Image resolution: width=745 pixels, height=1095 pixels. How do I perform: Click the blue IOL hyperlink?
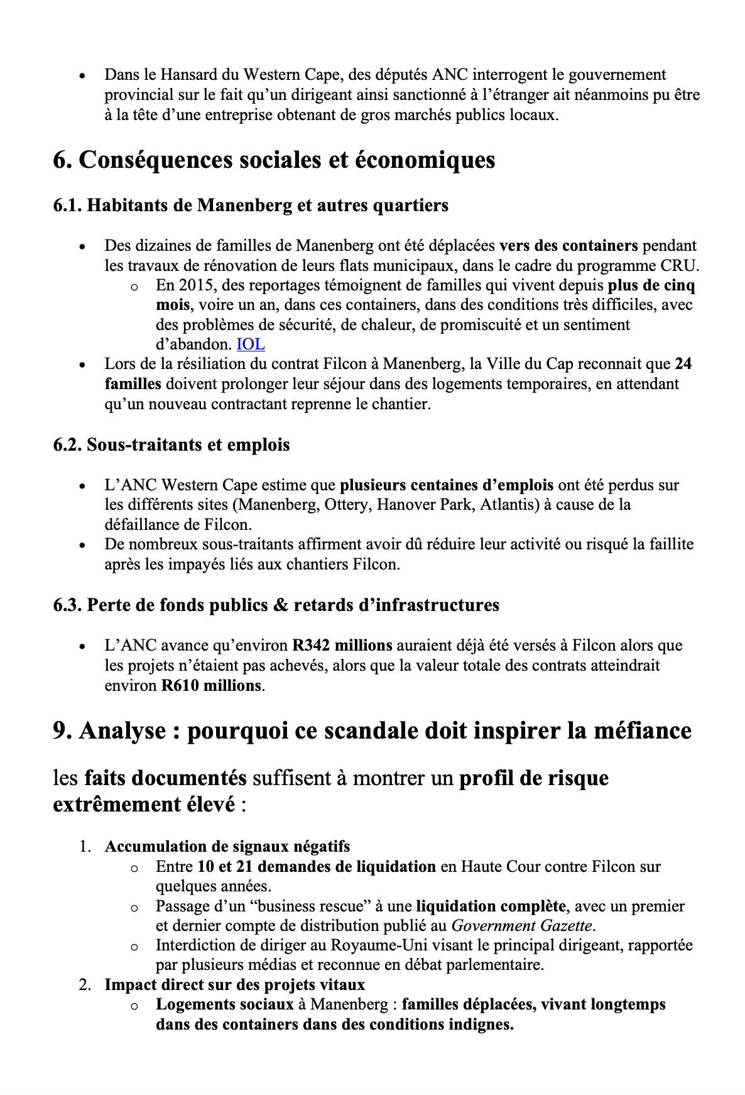250,344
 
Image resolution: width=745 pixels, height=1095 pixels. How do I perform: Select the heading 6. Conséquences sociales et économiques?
274,160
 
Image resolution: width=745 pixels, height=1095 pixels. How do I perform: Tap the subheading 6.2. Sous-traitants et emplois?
171,445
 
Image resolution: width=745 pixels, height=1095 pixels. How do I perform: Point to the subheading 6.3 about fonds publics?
276,605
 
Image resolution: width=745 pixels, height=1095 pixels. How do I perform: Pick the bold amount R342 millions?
342,646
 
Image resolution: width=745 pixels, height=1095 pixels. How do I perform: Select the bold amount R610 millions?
210,685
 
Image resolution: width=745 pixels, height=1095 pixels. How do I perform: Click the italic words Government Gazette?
521,925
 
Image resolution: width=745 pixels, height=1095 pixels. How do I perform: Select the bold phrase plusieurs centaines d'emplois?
447,485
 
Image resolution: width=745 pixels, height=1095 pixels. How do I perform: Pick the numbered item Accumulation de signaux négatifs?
227,846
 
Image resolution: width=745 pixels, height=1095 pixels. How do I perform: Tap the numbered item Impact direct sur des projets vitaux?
234,984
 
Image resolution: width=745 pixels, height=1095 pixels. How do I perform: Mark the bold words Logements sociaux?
224,1004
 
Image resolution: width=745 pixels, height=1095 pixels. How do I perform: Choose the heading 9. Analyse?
372,730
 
